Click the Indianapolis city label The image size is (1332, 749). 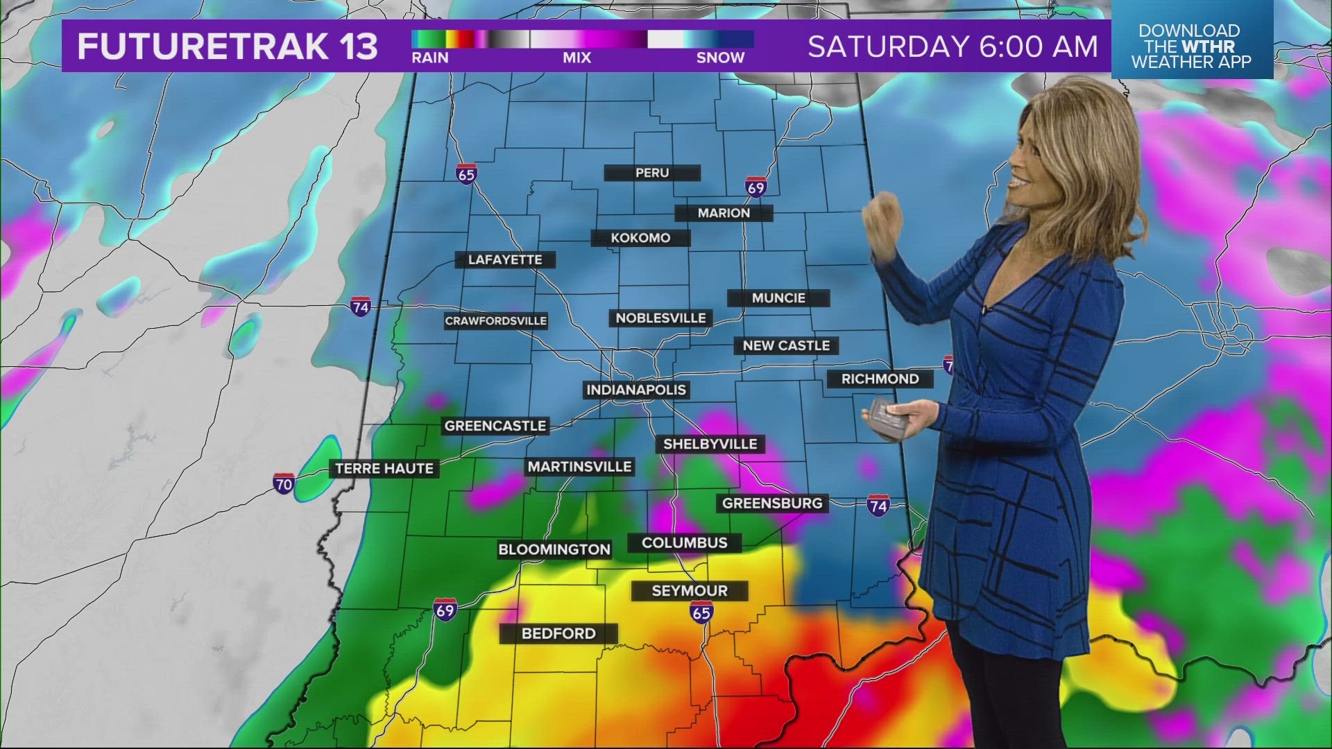tap(636, 390)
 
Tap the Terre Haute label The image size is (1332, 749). tap(384, 469)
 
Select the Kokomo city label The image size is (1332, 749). tap(640, 238)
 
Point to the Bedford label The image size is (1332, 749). tap(558, 633)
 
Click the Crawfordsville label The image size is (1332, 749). tap(496, 321)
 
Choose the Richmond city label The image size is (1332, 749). tap(880, 379)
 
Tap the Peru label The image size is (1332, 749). tap(652, 173)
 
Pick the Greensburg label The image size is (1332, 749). tap(772, 503)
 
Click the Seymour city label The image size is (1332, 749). tap(690, 591)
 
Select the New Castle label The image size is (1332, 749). tap(786, 345)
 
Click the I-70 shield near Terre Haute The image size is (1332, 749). tap(284, 483)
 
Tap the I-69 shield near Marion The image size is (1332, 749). tap(755, 187)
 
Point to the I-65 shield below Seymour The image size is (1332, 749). tap(701, 612)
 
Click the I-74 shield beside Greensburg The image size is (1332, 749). tap(878, 506)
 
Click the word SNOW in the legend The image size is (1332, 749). tap(720, 58)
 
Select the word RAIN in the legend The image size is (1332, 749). tap(430, 58)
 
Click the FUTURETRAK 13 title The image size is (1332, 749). tap(227, 47)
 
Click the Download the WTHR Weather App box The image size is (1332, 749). tap(1191, 46)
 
